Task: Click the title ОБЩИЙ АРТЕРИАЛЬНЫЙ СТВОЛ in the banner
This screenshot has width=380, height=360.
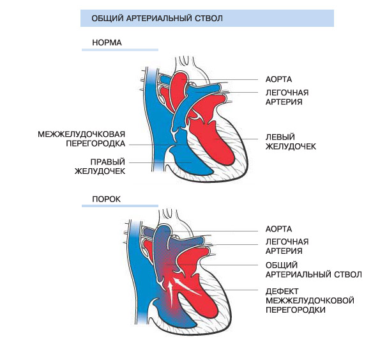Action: point(157,19)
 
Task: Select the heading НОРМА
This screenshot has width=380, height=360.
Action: point(107,43)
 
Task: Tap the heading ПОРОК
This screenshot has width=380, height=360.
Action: point(106,199)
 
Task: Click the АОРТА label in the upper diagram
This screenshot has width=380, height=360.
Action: point(278,79)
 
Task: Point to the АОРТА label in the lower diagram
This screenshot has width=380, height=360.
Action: point(278,229)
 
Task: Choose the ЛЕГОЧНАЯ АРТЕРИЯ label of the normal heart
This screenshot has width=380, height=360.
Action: point(287,97)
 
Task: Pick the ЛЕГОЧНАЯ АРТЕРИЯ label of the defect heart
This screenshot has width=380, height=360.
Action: point(287,246)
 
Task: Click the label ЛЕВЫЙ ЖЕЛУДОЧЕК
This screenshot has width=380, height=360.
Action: point(291,142)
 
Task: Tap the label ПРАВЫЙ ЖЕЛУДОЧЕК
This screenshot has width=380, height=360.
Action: point(100,166)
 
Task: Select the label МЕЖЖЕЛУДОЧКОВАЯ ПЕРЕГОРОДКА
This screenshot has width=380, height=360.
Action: point(82,139)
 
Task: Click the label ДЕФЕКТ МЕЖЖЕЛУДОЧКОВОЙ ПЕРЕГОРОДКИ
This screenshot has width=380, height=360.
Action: point(310,301)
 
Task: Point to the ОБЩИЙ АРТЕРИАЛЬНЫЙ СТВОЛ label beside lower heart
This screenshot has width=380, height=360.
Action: point(314,270)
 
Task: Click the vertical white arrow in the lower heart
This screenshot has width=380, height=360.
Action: point(171,294)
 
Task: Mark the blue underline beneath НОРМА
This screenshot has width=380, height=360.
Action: point(120,50)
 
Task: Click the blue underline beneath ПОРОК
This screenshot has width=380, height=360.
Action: point(120,206)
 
